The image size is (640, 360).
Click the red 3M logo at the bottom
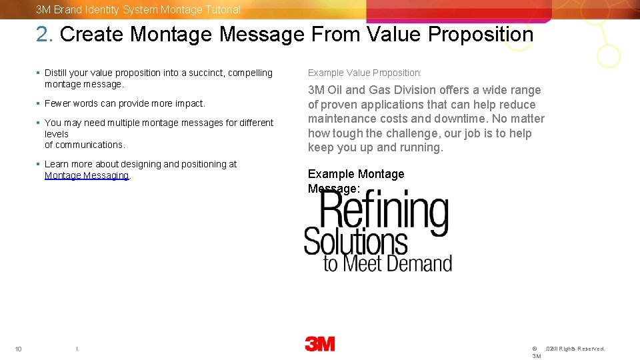coord(320,344)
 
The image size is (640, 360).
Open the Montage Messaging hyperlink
coord(87,175)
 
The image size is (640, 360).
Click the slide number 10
coord(19,349)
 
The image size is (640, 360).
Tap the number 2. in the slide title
coord(45,34)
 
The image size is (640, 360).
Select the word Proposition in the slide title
coord(481,34)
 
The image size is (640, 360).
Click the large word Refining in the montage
coord(385,211)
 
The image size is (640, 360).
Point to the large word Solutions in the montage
coord(355,241)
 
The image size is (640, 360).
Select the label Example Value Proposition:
coord(365,73)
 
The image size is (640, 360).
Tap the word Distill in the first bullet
coord(56,73)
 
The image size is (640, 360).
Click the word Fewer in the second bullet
coord(57,103)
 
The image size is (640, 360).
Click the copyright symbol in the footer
coord(535,349)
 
